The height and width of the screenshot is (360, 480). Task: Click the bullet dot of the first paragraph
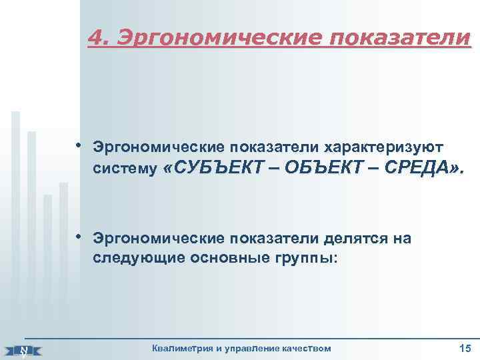(78, 143)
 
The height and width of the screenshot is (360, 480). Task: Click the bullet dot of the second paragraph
(78, 237)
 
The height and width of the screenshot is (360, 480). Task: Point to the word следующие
(133, 258)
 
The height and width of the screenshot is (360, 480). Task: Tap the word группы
(307, 258)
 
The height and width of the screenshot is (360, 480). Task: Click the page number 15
(465, 347)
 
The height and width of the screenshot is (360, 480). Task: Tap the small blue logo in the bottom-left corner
(23, 349)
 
